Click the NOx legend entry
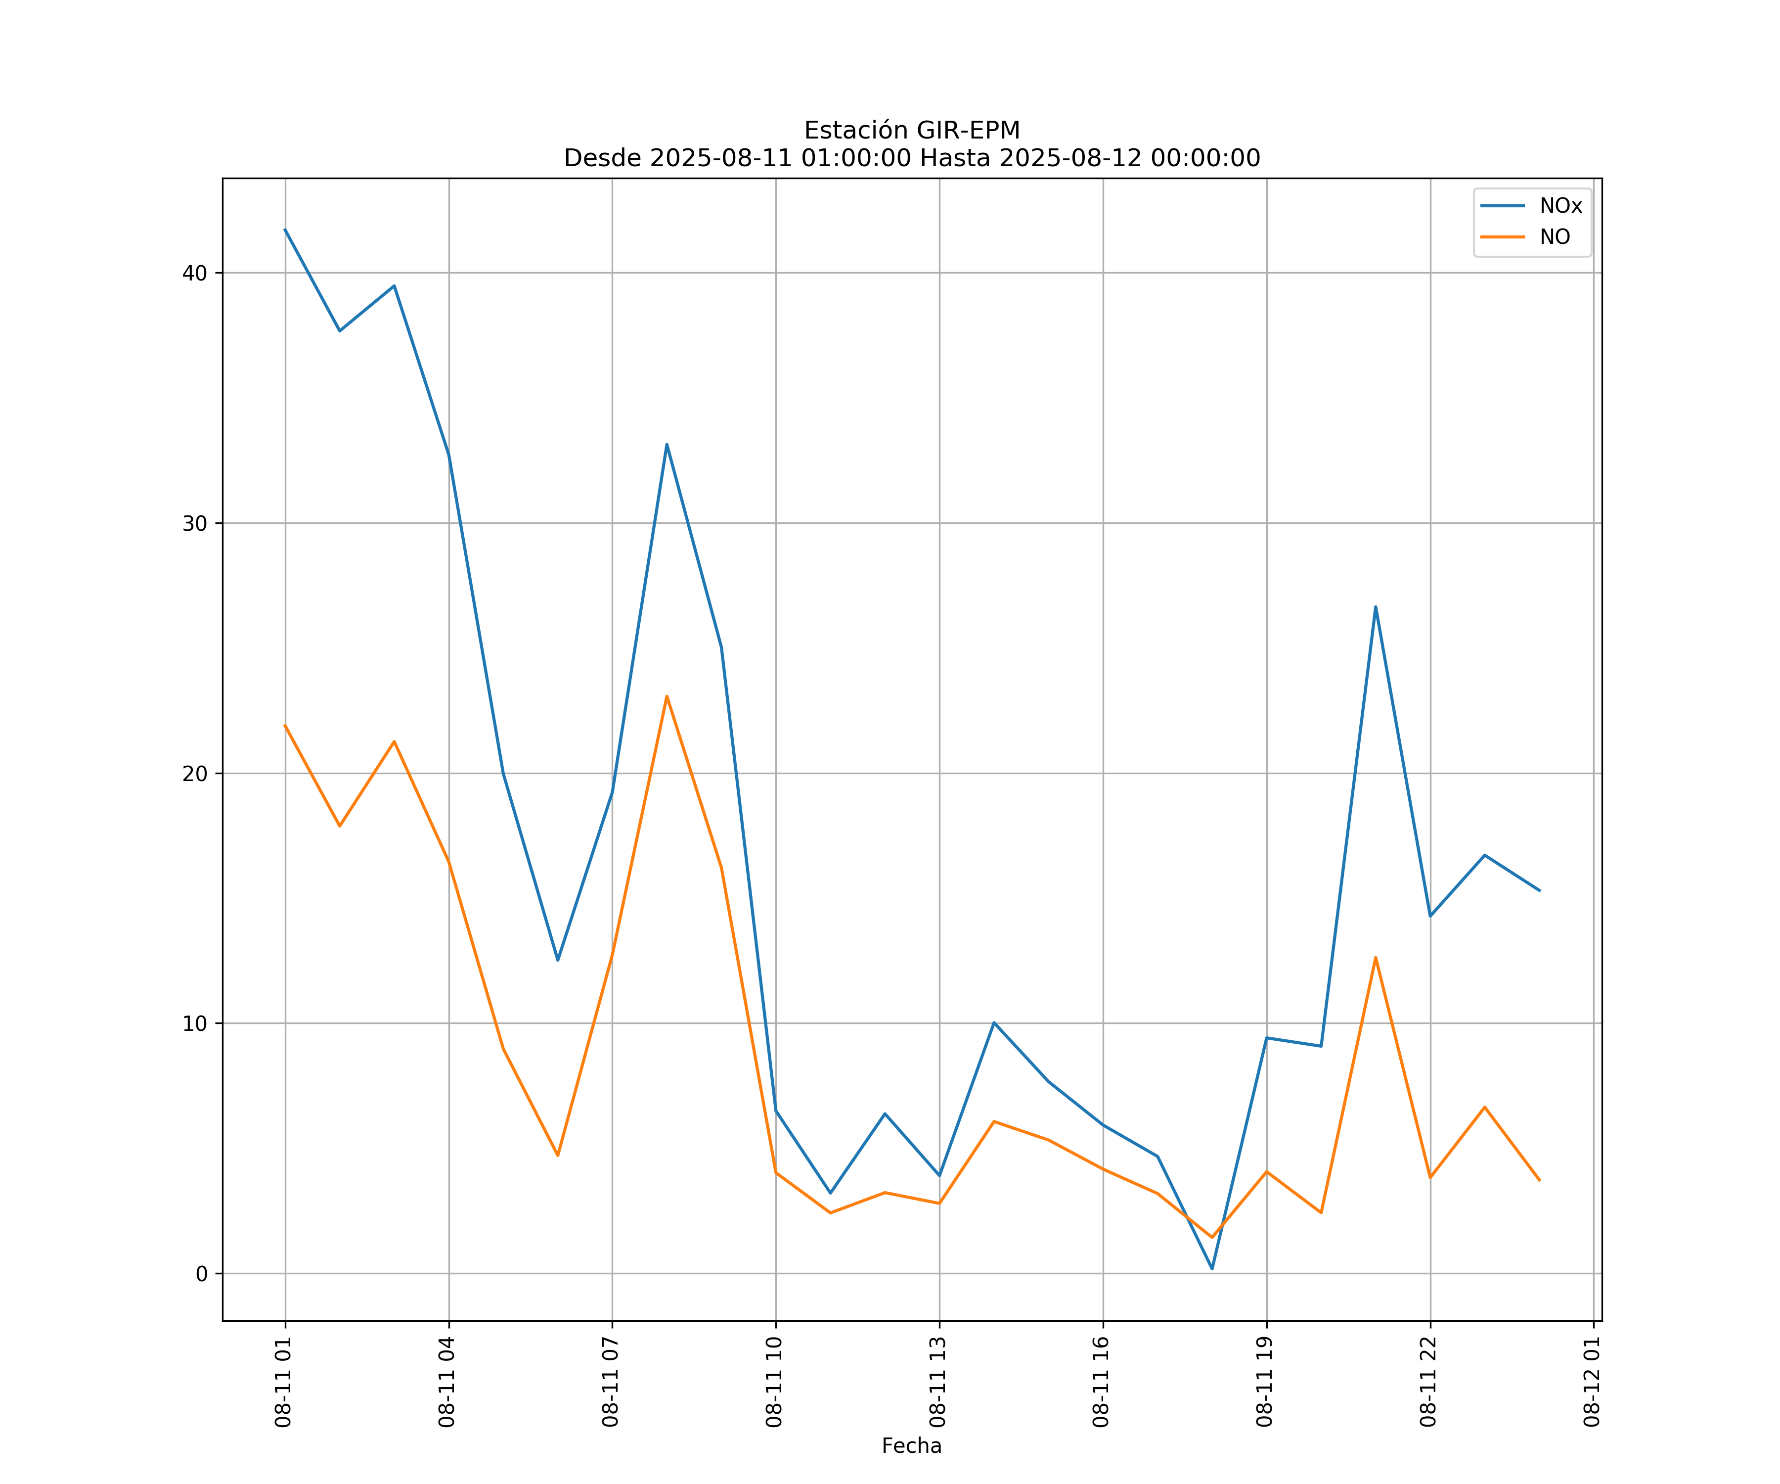pyautogui.click(x=1559, y=206)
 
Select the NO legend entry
pyautogui.click(x=1555, y=237)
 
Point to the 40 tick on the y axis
pyautogui.click(x=195, y=273)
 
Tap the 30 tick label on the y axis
pyautogui.click(x=195, y=523)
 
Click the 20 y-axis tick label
pyautogui.click(x=195, y=773)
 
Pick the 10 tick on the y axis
pyautogui.click(x=195, y=1023)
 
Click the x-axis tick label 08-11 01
pyautogui.click(x=283, y=1382)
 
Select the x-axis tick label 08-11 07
pyautogui.click(x=610, y=1382)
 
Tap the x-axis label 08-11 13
pyautogui.click(x=937, y=1382)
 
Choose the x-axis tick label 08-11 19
pyautogui.click(x=1265, y=1382)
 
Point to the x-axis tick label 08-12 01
pyautogui.click(x=1592, y=1382)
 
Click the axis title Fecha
pyautogui.click(x=911, y=1446)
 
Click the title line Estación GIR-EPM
pyautogui.click(x=912, y=131)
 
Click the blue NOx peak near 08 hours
pyautogui.click(x=667, y=444)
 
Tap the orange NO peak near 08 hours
pyautogui.click(x=667, y=696)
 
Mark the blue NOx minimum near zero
pyautogui.click(x=1212, y=1269)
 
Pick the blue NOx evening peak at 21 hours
pyautogui.click(x=1376, y=606)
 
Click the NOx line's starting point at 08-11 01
pyautogui.click(x=285, y=229)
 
